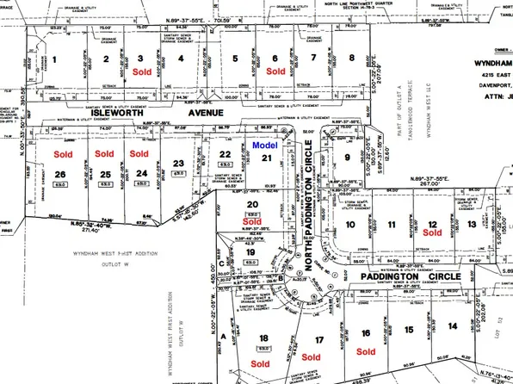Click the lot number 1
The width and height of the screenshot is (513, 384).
click(54, 59)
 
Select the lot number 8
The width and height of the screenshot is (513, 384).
click(351, 59)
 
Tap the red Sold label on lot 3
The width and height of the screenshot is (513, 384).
click(144, 73)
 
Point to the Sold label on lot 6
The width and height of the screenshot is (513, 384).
click(275, 73)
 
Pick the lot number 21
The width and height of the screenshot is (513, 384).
click(267, 158)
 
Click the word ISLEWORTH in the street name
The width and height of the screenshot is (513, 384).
click(71, 113)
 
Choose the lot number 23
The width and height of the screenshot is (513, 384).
click(178, 163)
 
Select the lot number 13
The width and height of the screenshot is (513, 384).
click(471, 225)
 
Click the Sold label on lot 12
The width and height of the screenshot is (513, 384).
click(433, 232)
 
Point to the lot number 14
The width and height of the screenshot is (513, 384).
click(477, 325)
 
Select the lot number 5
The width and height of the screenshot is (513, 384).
click(235, 59)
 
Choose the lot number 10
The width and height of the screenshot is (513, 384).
click(350, 225)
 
